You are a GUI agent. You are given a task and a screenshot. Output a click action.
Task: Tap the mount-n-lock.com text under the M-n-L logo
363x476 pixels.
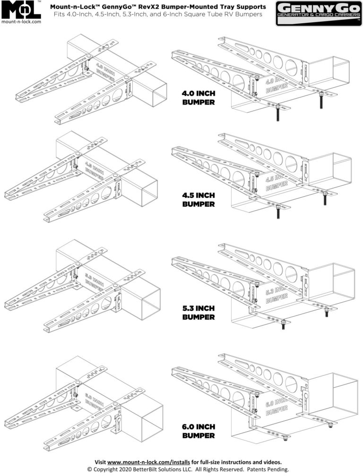(x=21, y=22)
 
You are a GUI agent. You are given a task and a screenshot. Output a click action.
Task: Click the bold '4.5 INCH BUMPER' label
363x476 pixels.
(x=199, y=200)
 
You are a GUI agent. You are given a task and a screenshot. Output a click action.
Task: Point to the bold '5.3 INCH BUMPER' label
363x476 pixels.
(x=199, y=313)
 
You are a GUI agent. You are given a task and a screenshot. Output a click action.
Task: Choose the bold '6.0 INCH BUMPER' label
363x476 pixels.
(x=199, y=431)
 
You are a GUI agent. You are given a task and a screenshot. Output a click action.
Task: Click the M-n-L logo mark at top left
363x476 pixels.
(x=21, y=9)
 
